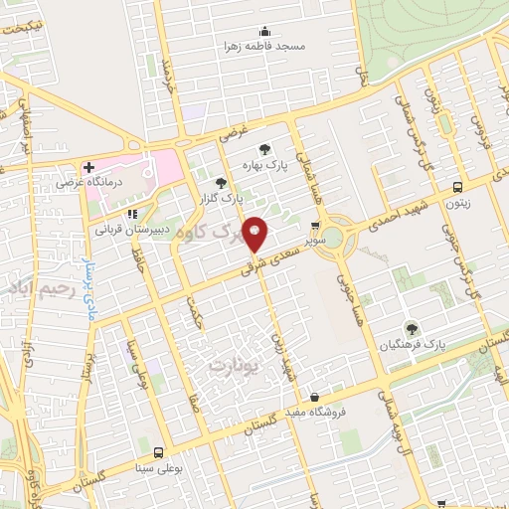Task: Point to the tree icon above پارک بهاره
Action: [x=264, y=149]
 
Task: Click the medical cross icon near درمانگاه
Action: [x=88, y=167]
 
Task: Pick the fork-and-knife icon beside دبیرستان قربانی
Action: [x=131, y=214]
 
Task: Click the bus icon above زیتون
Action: [x=457, y=186]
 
